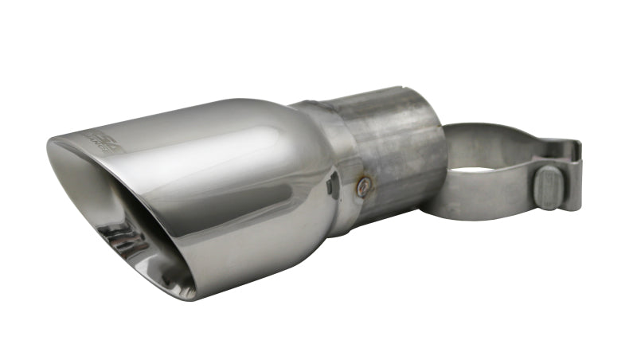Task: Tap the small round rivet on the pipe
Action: [365, 187]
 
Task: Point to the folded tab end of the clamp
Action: [570, 151]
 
